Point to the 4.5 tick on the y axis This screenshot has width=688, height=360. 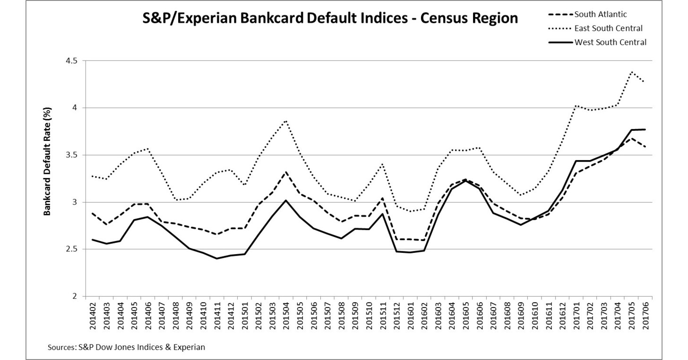[x=73, y=61]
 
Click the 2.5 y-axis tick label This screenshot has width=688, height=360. [x=73, y=249]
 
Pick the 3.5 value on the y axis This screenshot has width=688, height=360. [x=73, y=155]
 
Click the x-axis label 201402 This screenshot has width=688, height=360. [x=92, y=314]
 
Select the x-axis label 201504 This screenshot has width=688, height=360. [x=286, y=314]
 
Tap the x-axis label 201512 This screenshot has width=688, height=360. [x=397, y=314]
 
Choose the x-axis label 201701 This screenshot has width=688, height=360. [x=576, y=314]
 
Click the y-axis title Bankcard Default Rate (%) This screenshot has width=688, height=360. [x=47, y=162]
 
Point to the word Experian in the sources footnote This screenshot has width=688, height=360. [x=189, y=347]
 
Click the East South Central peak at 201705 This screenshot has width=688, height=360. [x=632, y=72]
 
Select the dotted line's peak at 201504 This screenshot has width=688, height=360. [x=286, y=120]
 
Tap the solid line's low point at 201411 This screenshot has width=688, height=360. [x=216, y=258]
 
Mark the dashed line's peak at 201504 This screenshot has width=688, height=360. [x=286, y=172]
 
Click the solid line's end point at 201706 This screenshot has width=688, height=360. [x=645, y=129]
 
